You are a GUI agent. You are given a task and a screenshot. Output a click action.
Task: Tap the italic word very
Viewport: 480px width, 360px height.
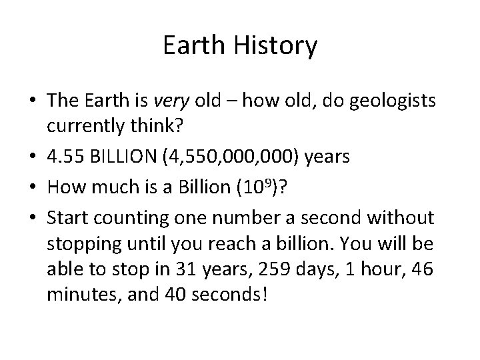point(171,101)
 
